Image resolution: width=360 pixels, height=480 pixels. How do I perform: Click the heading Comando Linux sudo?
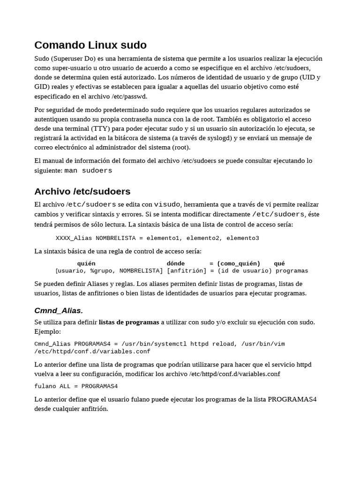pos(90,45)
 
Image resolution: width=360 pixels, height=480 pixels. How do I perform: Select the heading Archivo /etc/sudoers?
pos(82,191)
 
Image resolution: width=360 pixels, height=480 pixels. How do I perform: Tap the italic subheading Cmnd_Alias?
pos(59,310)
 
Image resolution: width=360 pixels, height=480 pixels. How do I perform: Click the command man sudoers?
pos(88,171)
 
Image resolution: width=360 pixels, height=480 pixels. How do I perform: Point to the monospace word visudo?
pos(167,204)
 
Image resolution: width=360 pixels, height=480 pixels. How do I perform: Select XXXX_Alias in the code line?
pos(74,238)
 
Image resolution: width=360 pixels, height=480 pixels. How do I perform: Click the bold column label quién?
pos(86,263)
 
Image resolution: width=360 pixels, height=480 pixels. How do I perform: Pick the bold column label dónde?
pos(176,263)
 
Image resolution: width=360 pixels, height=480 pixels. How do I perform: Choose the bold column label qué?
pos(279,263)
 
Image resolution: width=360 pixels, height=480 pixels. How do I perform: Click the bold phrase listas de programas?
pos(129,322)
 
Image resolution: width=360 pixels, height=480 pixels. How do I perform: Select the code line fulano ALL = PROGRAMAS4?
pos(76,386)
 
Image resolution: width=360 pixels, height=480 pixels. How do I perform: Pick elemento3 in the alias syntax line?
pos(243,238)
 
